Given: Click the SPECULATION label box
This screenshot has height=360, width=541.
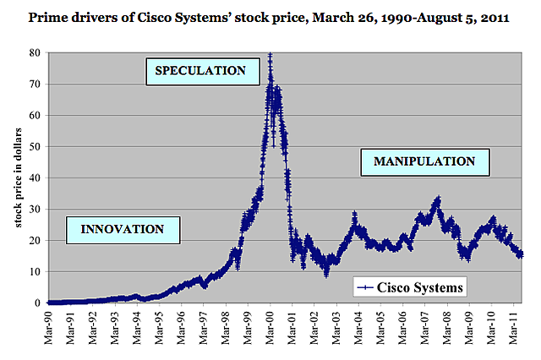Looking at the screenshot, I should pos(201,70).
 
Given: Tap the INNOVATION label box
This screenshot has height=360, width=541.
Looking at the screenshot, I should pos(122,228).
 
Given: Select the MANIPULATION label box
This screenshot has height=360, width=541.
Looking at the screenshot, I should pos(424,161).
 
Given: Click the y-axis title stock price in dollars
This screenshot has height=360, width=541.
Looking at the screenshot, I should pos(16,177).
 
